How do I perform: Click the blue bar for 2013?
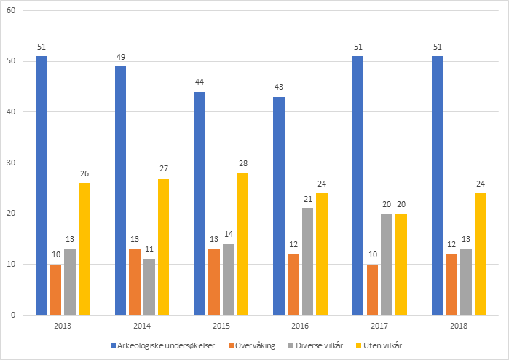[42, 185]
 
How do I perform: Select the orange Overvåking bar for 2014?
[135, 281]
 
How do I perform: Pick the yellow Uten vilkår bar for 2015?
[242, 243]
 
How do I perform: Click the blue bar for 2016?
[279, 206]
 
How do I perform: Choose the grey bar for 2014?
[149, 286]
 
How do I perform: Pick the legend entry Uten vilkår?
[382, 345]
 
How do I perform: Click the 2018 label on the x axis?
[458, 327]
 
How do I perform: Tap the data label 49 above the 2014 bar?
[120, 57]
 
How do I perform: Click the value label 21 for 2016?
[307, 199]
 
